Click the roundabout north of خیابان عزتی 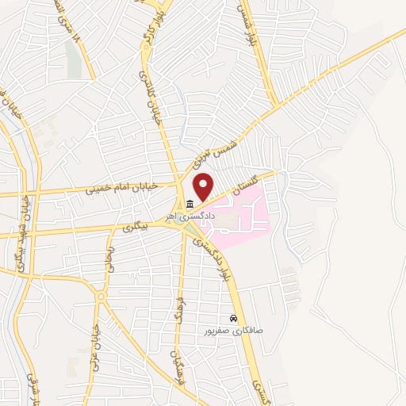click(x=101, y=297)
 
